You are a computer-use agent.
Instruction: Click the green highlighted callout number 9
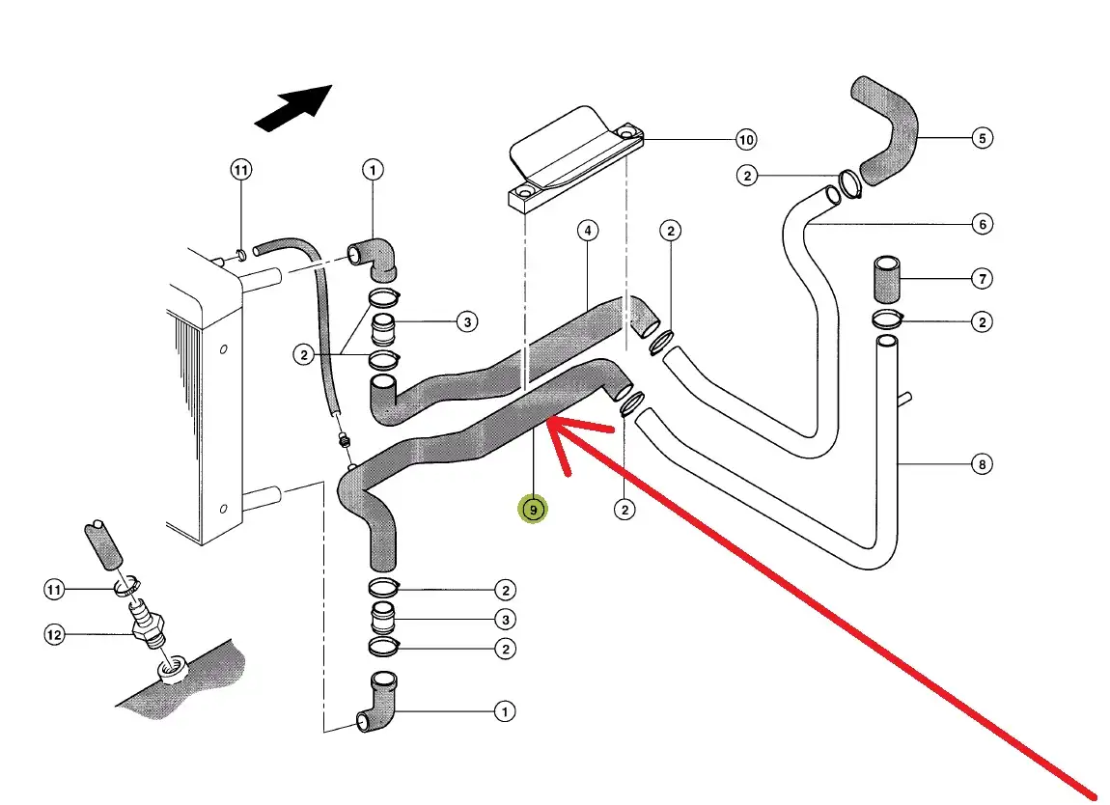532,509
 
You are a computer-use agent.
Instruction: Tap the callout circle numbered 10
746,140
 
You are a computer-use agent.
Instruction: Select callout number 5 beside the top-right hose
982,138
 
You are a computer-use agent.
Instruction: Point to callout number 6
982,225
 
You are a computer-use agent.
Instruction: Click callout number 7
982,279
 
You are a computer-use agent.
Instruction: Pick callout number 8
982,464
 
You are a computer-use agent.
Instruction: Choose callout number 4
587,231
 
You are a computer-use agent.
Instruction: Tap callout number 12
54,634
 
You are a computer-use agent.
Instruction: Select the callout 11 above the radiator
240,170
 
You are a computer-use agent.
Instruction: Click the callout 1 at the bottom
504,711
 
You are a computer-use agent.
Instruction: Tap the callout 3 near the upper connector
467,321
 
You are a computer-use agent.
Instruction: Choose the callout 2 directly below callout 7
982,321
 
